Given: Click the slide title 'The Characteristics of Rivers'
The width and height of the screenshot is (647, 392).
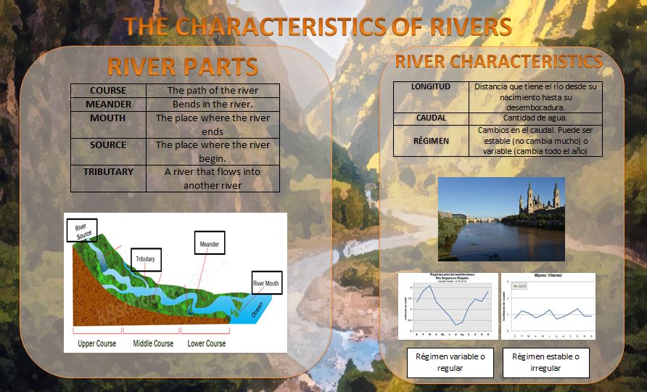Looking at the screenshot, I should [318, 27].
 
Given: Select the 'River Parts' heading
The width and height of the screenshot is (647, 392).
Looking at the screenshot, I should [182, 67].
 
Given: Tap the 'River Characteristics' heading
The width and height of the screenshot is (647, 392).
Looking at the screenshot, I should [498, 60].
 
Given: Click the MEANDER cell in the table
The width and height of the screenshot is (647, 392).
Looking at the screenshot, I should [108, 105].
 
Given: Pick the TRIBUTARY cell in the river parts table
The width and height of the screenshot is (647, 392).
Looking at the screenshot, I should [108, 172].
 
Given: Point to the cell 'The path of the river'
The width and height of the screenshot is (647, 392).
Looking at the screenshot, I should [213, 91].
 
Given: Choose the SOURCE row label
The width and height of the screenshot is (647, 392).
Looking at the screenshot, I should [108, 145].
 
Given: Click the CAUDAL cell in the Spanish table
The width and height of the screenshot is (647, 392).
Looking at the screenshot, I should [431, 118].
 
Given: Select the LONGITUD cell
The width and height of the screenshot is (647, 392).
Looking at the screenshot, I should [431, 86].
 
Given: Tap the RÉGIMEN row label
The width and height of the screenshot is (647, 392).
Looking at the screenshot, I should [431, 141].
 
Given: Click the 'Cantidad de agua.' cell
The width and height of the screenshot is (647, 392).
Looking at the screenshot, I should [535, 118].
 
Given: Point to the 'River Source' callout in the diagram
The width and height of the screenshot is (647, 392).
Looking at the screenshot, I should [81, 230].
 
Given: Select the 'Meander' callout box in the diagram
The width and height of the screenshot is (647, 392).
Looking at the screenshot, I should [209, 244].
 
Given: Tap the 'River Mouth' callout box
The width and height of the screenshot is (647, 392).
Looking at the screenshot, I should [265, 283].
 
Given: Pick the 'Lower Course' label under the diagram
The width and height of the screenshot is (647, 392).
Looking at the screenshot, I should [207, 343].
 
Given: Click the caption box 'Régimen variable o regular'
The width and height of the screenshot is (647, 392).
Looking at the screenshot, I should [450, 362].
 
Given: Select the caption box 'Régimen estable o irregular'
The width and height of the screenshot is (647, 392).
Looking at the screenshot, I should [546, 362].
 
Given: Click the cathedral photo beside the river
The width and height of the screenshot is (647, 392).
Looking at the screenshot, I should [501, 219].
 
